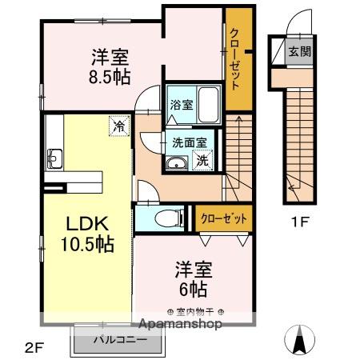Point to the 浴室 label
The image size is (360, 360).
tap(182, 104)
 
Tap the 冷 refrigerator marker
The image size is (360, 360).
tap(119, 126)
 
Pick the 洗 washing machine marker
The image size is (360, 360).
tap(203, 159)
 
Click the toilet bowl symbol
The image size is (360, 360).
tap(161, 217)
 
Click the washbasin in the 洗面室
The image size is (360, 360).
tap(175, 164)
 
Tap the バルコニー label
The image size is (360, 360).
tap(120, 339)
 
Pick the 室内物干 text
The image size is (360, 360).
tap(195, 311)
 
